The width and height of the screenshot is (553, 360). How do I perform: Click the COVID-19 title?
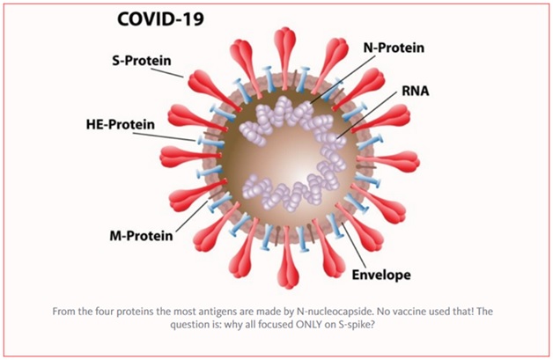(160, 19)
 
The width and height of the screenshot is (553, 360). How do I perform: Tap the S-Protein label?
(142, 61)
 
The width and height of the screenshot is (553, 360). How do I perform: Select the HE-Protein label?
(121, 124)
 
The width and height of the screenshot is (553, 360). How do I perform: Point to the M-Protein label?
(142, 236)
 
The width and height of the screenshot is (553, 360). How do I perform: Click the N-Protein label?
(394, 48)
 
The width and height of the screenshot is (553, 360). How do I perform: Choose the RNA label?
(416, 91)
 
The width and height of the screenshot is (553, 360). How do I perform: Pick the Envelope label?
(381, 275)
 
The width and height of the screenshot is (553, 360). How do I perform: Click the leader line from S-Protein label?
(167, 72)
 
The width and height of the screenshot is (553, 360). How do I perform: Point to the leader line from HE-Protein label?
(164, 136)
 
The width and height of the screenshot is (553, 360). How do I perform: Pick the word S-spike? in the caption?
(357, 325)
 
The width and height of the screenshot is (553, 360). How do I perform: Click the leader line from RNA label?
(369, 114)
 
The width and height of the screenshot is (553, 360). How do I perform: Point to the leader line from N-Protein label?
(343, 78)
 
